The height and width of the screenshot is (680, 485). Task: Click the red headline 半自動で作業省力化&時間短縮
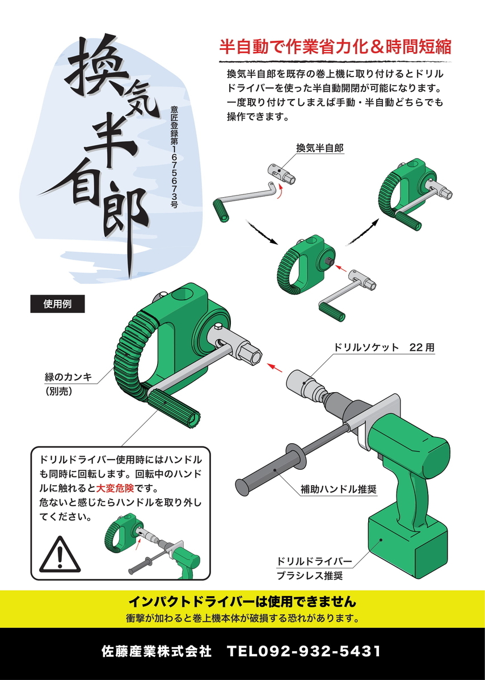pyautogui.click(x=335, y=46)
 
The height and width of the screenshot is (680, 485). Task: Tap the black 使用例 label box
pyautogui.click(x=57, y=303)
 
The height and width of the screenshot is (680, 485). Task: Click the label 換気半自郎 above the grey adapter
pyautogui.click(x=320, y=148)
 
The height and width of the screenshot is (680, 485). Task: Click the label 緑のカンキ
pyautogui.click(x=71, y=376)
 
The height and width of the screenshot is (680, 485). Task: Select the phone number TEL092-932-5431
pyautogui.click(x=303, y=651)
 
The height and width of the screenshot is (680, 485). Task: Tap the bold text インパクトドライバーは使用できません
pyautogui.click(x=242, y=601)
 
